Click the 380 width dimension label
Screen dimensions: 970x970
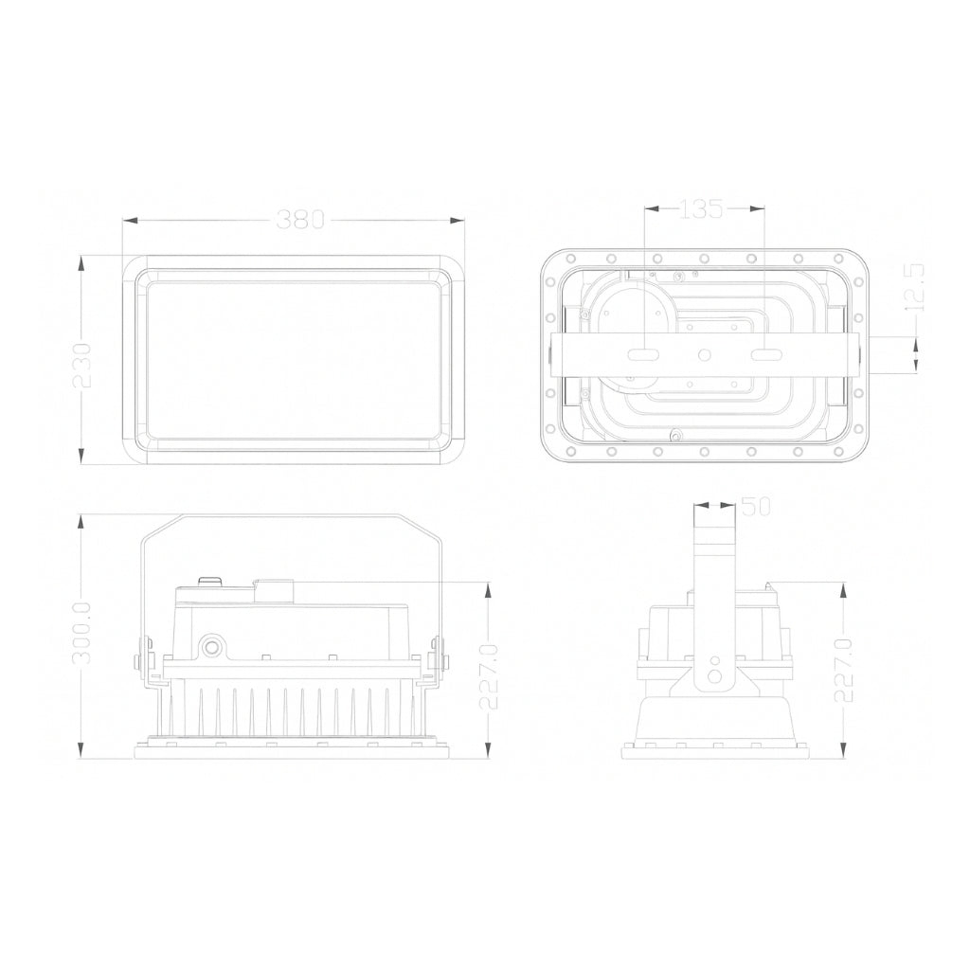click(x=300, y=220)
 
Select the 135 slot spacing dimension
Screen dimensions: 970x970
click(x=701, y=209)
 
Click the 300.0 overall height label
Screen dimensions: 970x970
click(x=81, y=633)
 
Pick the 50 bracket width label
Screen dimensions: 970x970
click(x=755, y=507)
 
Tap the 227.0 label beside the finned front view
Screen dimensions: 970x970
click(x=490, y=675)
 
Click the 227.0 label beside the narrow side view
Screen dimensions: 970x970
click(x=844, y=670)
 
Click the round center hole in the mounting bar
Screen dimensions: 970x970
click(x=704, y=355)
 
